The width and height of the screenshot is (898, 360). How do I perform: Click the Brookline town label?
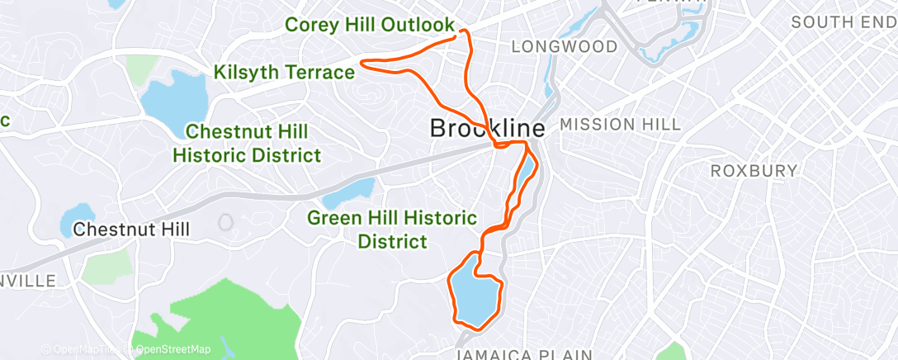(487, 129)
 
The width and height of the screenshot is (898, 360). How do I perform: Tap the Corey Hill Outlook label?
(370, 25)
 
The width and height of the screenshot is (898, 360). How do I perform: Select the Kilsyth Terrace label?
(284, 73)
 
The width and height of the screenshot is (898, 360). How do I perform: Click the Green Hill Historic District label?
(392, 230)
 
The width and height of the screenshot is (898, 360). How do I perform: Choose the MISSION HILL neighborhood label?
(621, 125)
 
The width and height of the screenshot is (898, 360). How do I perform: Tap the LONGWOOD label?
(565, 46)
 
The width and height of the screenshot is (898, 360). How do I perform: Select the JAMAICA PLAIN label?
(525, 354)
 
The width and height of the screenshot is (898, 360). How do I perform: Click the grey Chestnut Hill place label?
(131, 229)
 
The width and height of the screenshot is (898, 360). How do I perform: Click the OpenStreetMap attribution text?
(173, 349)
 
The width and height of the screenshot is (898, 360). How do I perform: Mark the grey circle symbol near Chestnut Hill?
(225, 222)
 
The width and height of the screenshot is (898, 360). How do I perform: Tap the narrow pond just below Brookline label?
(524, 169)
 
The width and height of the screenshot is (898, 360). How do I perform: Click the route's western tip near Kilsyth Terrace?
(364, 60)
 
